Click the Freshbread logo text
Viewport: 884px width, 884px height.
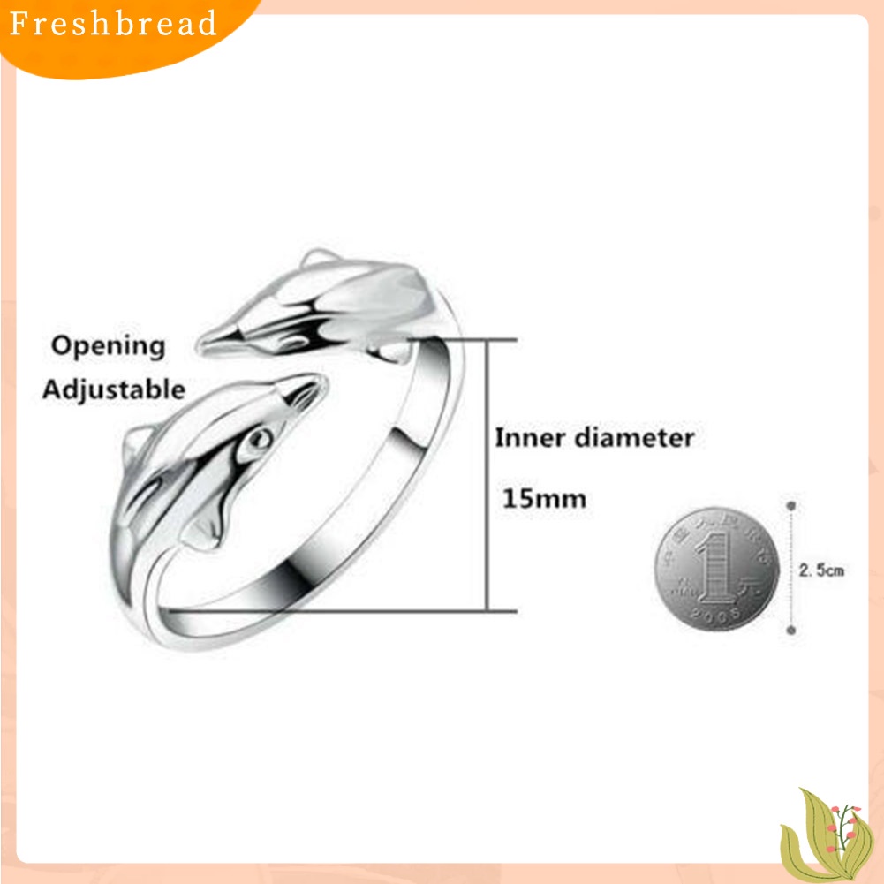tap(113, 24)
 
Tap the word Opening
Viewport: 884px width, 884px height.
tap(108, 345)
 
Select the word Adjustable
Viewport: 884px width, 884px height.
tap(114, 389)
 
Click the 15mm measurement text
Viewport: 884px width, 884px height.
tap(544, 499)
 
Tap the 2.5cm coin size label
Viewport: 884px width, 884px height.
tap(821, 570)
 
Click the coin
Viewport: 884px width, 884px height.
tap(717, 570)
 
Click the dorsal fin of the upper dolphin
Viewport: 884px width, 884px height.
tap(314, 261)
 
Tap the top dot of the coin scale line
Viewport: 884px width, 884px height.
tap(790, 506)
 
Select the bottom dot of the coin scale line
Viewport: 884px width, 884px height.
tap(790, 631)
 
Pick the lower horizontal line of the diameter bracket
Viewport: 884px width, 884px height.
tap(353, 609)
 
